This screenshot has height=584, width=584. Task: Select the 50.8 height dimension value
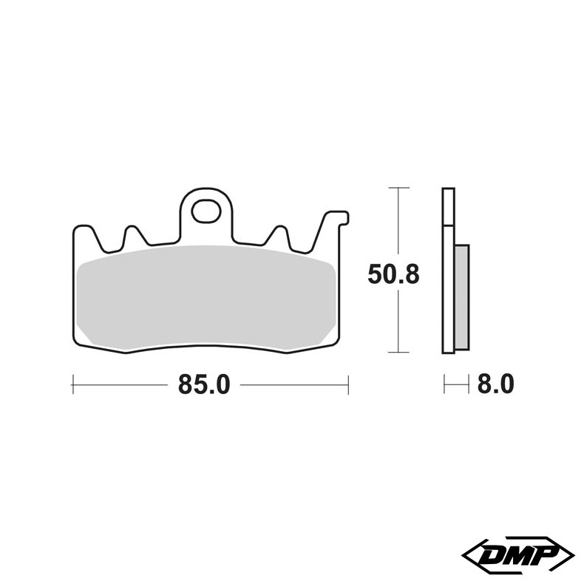pos(394,275)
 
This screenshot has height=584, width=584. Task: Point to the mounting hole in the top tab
pos(205,211)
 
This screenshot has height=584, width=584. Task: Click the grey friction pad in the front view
pos(207,299)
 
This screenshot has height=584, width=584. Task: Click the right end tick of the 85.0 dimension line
pos(347,384)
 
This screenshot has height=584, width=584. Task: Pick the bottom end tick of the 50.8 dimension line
pos(399,352)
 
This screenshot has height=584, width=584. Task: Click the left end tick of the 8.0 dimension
pos(444,384)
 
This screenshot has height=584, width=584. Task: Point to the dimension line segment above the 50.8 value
pos(399,222)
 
